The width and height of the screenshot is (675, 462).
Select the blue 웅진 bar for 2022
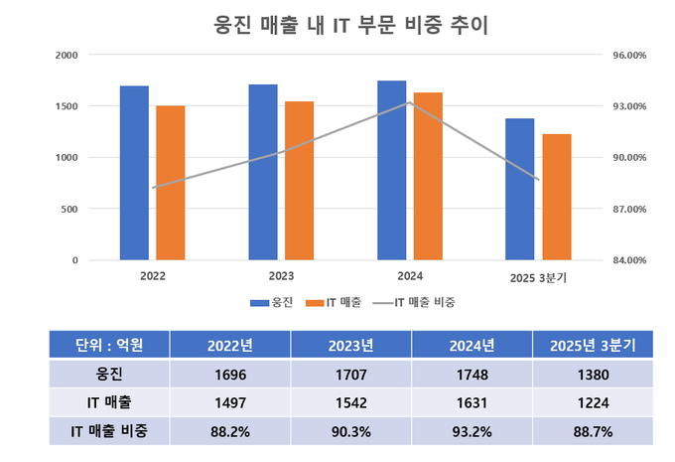coord(134,174)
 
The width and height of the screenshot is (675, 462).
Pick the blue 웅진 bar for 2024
coord(392,171)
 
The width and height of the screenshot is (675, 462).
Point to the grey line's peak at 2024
coord(409,102)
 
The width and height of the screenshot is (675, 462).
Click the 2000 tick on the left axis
coord(67,55)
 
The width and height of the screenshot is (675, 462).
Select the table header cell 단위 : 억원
coord(109,345)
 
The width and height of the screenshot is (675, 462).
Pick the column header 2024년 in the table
coord(472,345)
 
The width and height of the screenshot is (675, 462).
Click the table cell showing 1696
coord(229,376)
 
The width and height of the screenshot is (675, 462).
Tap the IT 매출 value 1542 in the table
coord(350,402)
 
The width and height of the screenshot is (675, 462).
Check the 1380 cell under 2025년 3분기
coord(592,376)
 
